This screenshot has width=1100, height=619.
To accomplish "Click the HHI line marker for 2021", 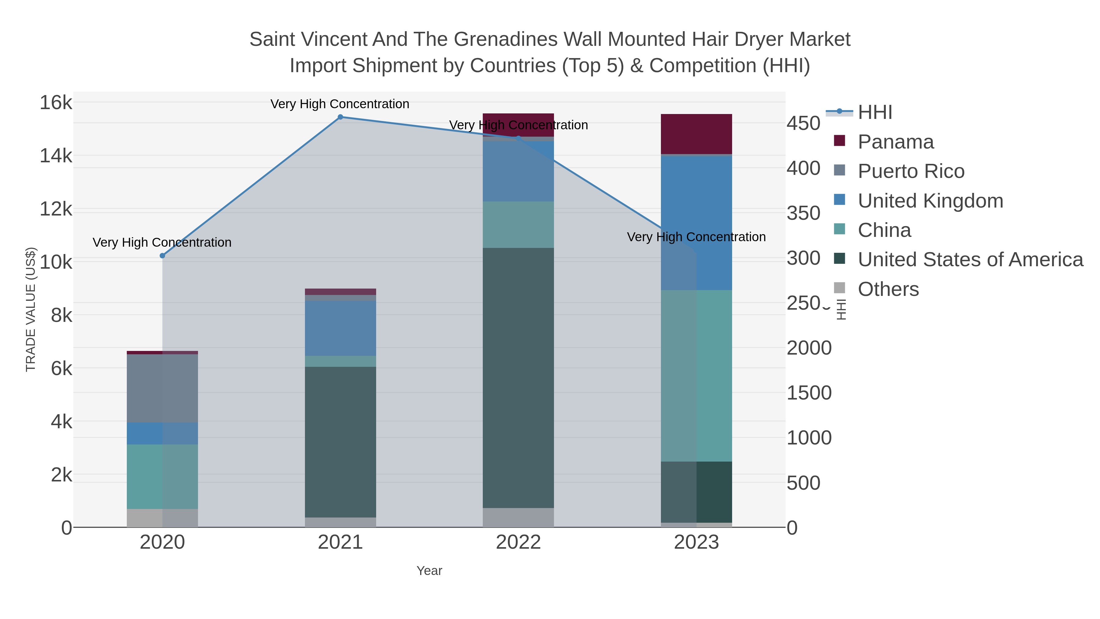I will point(340,117).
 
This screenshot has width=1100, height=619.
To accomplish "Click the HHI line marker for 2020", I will point(162,256).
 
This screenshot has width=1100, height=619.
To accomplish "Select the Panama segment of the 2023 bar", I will point(696,134).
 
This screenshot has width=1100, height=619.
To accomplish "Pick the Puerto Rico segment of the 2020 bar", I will point(162,388).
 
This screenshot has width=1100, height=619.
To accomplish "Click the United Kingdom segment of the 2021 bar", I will point(340,328).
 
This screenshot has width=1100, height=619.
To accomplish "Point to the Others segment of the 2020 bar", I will point(162,518).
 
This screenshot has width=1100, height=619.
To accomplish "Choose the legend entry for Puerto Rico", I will point(911,171).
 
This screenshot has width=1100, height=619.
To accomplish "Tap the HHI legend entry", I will point(875,112).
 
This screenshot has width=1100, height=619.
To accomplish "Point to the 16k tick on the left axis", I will point(56,103).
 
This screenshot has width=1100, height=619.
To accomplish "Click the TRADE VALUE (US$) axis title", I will point(31,309).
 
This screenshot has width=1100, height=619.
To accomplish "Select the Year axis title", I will point(429,571).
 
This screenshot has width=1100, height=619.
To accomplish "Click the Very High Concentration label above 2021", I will point(339,104).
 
